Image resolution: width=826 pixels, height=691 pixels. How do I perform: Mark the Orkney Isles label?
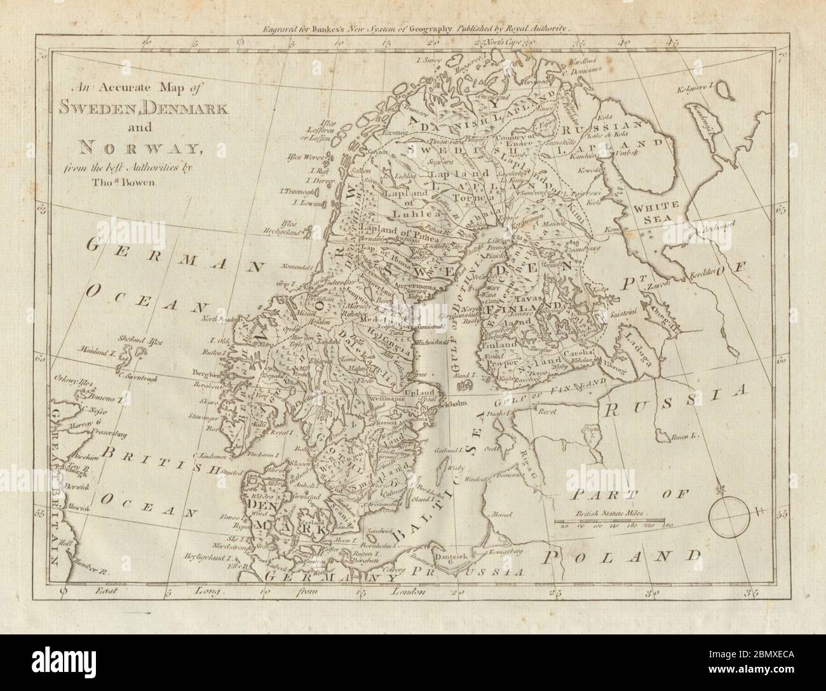point(74,384)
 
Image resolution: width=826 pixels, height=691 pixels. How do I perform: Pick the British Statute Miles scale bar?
point(613,523)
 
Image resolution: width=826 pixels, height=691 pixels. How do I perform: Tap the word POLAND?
point(626,558)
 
